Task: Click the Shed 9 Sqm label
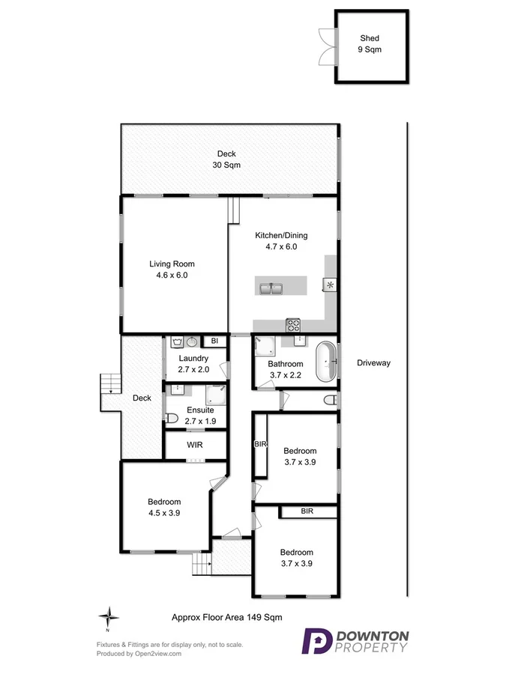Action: coord(370,43)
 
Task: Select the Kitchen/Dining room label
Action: coord(280,240)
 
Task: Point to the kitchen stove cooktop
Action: coord(293,325)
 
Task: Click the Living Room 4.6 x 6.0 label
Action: coord(172,270)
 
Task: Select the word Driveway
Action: coord(373,363)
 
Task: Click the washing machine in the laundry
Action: coord(177,342)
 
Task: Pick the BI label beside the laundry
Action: coord(214,341)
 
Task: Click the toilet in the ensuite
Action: coord(171,419)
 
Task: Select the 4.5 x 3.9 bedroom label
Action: coord(163,507)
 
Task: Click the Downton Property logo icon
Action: coord(316,642)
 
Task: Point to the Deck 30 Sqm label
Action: coord(226,159)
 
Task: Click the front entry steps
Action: coord(200,562)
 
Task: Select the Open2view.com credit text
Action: coord(139,653)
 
